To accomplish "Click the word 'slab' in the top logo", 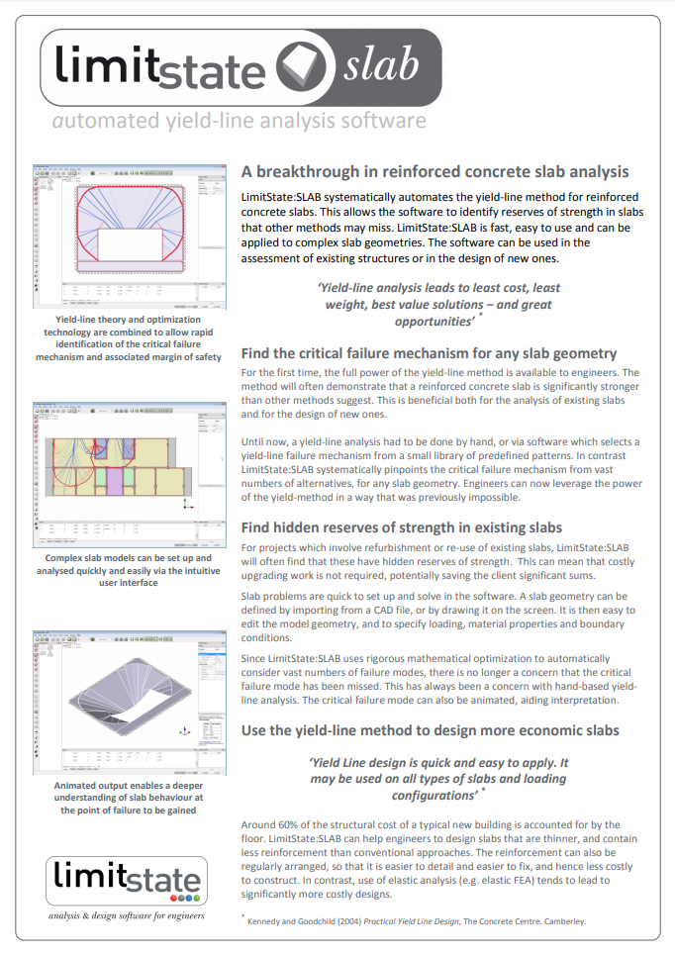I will pos(381,65).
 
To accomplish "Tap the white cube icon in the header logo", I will pos(301,66).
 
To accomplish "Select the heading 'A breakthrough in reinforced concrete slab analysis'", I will pos(434,171).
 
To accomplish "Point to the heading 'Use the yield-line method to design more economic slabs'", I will pos(430,730).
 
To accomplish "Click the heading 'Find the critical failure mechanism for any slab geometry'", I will pos(430,352).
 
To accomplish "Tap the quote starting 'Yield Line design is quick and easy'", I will pos(439,779).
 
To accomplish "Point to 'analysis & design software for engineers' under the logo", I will pos(127,915).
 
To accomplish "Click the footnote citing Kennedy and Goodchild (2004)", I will pos(416,921).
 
